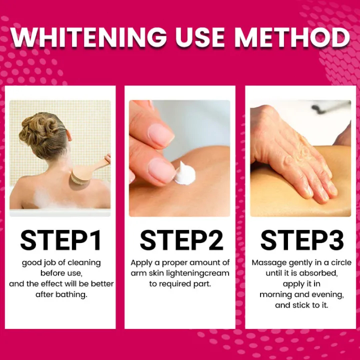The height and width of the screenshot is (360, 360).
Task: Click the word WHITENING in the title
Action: [x=88, y=37]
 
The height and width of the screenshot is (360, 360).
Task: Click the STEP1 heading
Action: [x=61, y=240]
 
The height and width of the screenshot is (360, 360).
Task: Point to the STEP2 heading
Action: [x=181, y=240]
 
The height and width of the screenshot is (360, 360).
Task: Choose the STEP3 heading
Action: [x=302, y=240]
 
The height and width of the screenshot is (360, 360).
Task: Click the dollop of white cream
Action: [x=184, y=174]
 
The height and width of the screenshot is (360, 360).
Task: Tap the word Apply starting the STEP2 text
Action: [x=141, y=263]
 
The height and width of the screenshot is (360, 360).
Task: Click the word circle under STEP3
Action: [x=341, y=262]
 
